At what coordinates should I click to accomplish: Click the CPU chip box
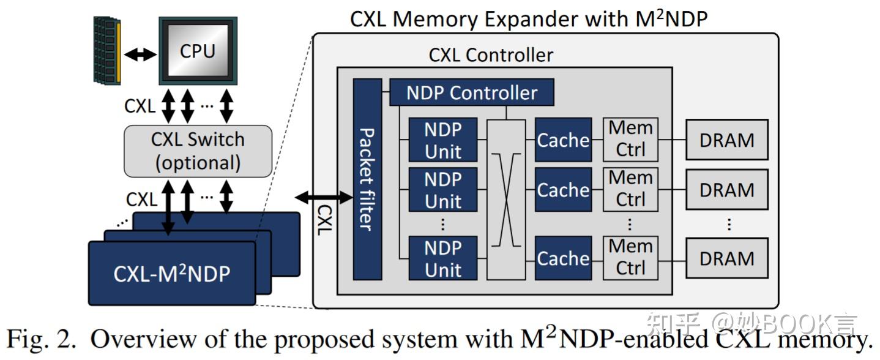click(x=197, y=50)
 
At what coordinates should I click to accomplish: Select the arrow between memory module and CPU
click(x=140, y=54)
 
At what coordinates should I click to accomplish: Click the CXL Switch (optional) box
click(x=197, y=151)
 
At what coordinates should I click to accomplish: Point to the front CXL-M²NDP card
click(x=171, y=273)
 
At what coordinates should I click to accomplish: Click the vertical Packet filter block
click(x=367, y=179)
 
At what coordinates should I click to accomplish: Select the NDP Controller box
click(x=471, y=92)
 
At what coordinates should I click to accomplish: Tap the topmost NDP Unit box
click(x=442, y=140)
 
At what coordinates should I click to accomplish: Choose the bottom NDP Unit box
click(x=442, y=258)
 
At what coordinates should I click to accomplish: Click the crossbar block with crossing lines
click(x=506, y=199)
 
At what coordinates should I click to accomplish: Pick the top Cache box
click(x=563, y=140)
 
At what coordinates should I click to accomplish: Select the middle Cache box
click(x=563, y=190)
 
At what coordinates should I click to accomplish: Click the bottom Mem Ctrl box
click(x=630, y=258)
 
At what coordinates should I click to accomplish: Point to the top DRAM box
click(x=726, y=140)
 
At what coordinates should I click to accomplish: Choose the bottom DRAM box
click(x=726, y=258)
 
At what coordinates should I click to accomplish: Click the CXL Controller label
click(x=490, y=55)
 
